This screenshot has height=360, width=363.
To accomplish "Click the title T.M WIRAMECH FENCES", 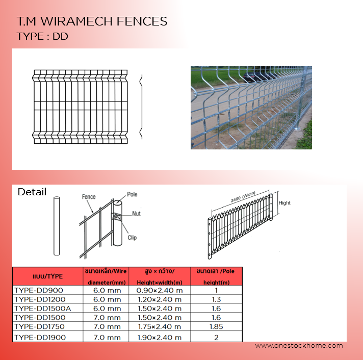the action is click(x=92, y=21).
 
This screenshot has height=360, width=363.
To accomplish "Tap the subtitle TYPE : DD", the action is click(x=42, y=36).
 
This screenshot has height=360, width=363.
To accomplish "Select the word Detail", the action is click(x=32, y=192).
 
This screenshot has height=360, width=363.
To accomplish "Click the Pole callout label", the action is click(x=132, y=194).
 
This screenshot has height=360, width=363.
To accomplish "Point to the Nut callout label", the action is click(x=136, y=214).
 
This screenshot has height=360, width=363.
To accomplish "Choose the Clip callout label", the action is click(x=132, y=238).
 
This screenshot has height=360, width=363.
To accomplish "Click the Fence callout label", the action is click(x=89, y=197).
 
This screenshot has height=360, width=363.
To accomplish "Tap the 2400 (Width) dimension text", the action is click(x=243, y=197).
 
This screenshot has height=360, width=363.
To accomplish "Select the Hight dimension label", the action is click(x=284, y=203).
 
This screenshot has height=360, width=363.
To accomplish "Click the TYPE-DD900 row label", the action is click(x=39, y=290).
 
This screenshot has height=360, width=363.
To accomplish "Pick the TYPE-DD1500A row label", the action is click(x=43, y=308).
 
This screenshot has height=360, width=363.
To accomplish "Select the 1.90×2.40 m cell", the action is click(x=160, y=338).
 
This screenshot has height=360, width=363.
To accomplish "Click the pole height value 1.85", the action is click(x=216, y=327).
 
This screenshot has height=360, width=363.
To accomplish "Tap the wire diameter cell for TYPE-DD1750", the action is click(x=107, y=327).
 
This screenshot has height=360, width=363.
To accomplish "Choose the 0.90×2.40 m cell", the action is click(x=160, y=290).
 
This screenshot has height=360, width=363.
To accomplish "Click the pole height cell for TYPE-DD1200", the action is click(x=216, y=300).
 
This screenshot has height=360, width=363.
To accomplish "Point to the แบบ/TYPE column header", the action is click(x=48, y=276).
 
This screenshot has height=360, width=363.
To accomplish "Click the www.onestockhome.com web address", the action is click(x=299, y=346).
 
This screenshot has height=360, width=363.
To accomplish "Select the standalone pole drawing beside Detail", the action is click(x=57, y=226).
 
